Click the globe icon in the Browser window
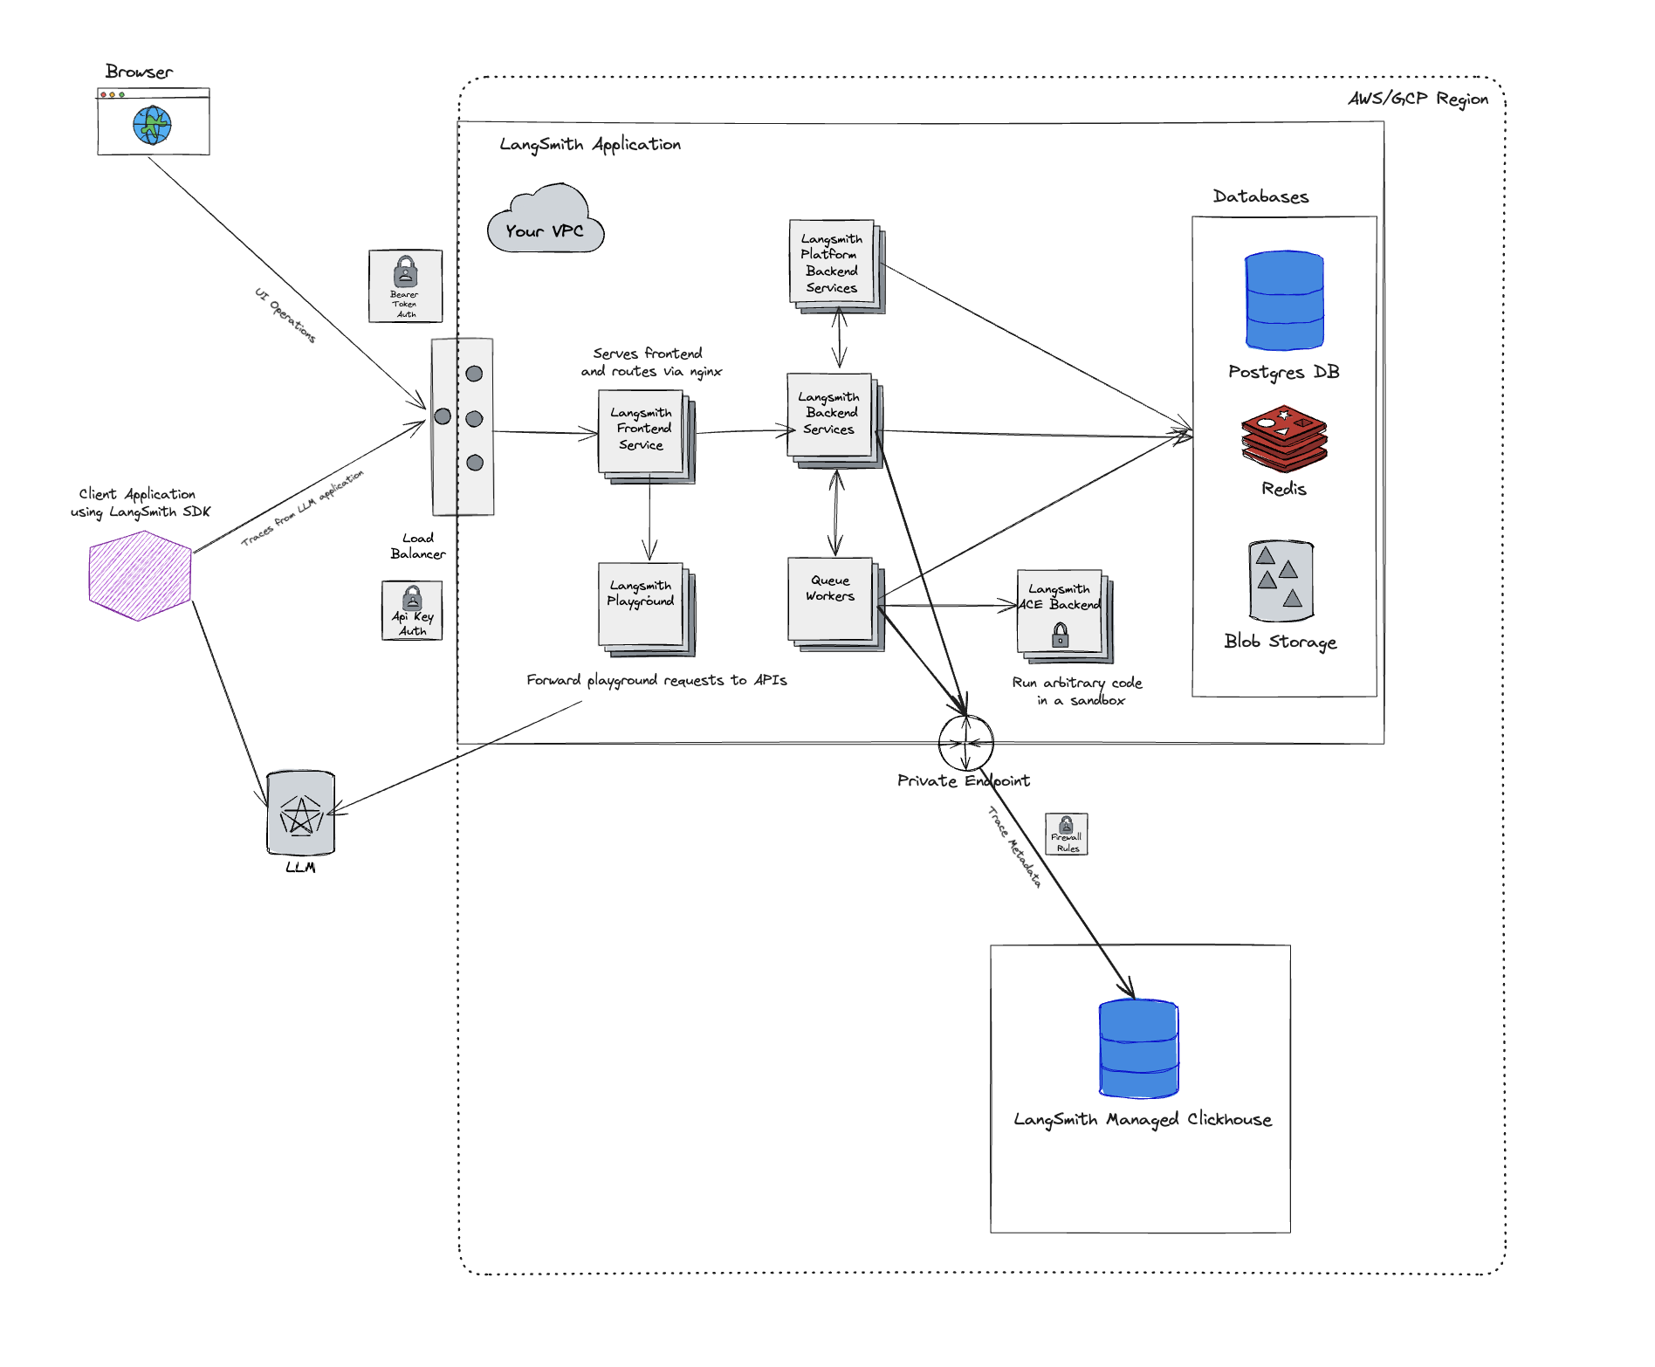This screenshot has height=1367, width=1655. pyautogui.click(x=152, y=125)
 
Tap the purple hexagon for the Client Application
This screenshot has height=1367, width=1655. pyautogui.click(x=140, y=575)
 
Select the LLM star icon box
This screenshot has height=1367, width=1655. pyautogui.click(x=301, y=814)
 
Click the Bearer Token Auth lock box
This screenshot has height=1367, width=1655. pyautogui.click(x=405, y=285)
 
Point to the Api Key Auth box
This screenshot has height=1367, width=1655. pyautogui.click(x=412, y=611)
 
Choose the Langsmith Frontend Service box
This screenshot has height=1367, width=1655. pyautogui.click(x=642, y=431)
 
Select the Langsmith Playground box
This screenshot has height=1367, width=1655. pyautogui.click(x=642, y=604)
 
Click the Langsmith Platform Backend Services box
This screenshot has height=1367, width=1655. pyautogui.click(x=833, y=263)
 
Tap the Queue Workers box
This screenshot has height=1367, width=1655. pyautogui.click(x=831, y=600)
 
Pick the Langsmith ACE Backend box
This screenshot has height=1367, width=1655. pyautogui.click(x=1061, y=612)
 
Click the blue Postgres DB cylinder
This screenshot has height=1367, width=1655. pyautogui.click(x=1284, y=301)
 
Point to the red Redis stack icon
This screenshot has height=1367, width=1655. pyautogui.click(x=1284, y=438)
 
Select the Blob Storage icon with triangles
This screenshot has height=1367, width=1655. pyautogui.click(x=1281, y=580)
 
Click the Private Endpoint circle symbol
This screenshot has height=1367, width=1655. pyautogui.click(x=965, y=743)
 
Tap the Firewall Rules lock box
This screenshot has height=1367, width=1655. pyautogui.click(x=1067, y=834)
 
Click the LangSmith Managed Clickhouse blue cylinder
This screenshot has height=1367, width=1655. pyautogui.click(x=1139, y=1049)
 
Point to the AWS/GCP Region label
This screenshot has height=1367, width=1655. pyautogui.click(x=1418, y=99)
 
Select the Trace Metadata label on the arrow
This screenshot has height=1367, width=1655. pyautogui.click(x=1014, y=847)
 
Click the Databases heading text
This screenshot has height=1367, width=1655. pyautogui.click(x=1260, y=197)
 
